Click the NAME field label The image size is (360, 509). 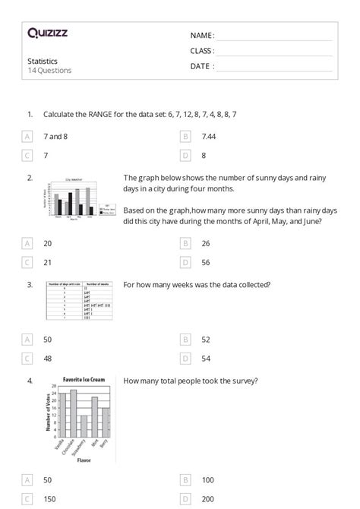(x=202, y=36)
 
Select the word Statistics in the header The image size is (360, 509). (x=43, y=61)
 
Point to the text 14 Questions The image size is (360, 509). (x=49, y=71)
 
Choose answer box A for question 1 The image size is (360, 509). (x=27, y=136)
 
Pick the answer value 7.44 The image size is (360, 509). (x=210, y=136)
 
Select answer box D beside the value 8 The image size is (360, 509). (x=185, y=155)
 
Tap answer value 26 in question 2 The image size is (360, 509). (x=207, y=243)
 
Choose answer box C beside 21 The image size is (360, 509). (x=27, y=262)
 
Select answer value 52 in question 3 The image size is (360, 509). (x=207, y=339)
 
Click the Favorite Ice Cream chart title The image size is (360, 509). (x=84, y=378)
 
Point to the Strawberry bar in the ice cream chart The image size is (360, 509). (x=84, y=430)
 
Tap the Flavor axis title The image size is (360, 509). (x=83, y=460)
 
